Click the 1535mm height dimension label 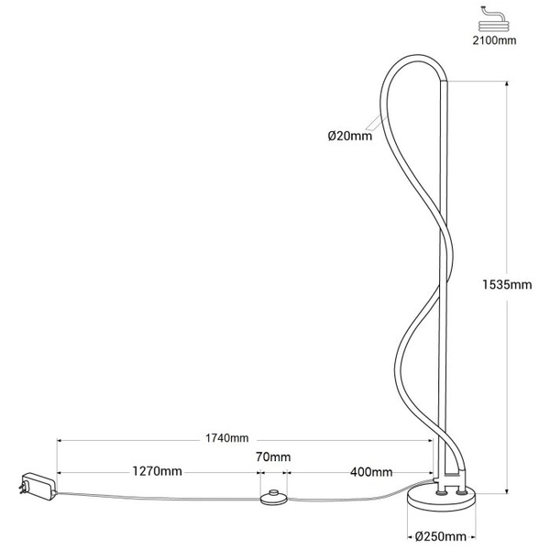click(507, 285)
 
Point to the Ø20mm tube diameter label click(349, 137)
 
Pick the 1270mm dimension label click(158, 472)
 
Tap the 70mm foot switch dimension click(273, 457)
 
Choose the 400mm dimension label click(372, 472)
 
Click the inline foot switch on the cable click(272, 498)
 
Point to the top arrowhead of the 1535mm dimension click(507, 85)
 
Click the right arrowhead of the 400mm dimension click(430, 473)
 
